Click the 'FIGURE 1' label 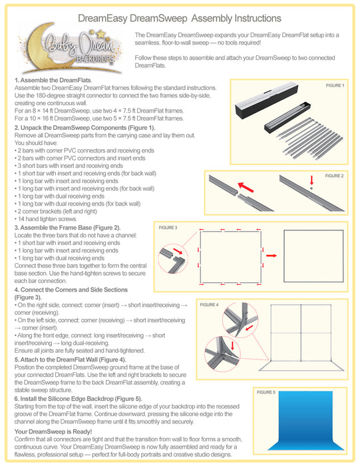click(335, 86)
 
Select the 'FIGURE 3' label click(168, 228)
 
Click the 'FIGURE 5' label click(266, 393)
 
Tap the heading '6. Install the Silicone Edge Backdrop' click(73, 398)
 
